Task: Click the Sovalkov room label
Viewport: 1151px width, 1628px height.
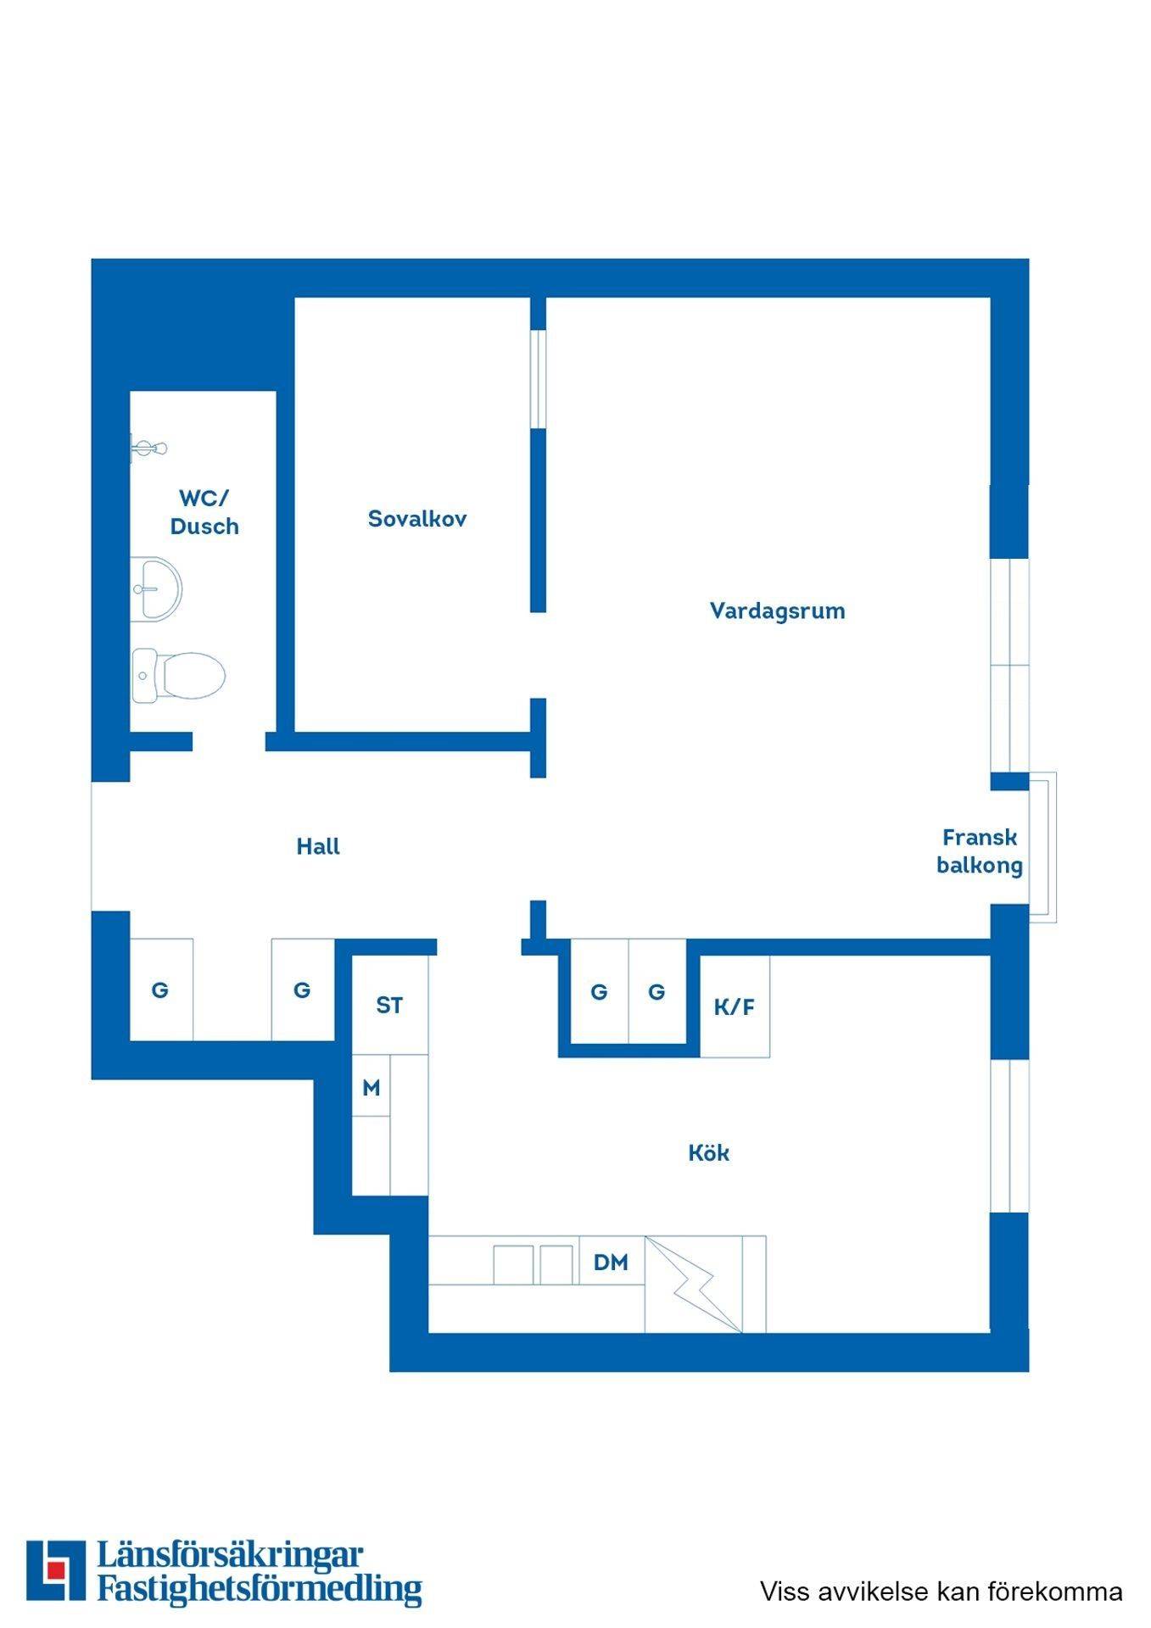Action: [417, 519]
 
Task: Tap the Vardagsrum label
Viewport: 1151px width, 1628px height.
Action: [777, 611]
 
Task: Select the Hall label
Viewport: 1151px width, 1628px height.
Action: [318, 846]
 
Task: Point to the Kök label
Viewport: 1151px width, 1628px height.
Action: [708, 1152]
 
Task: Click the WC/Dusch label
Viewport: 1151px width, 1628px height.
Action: [204, 512]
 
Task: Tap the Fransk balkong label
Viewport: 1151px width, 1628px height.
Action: [980, 851]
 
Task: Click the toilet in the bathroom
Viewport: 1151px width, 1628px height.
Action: [179, 676]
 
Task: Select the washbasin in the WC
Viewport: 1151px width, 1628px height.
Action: [157, 588]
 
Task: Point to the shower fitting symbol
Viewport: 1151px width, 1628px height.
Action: [148, 447]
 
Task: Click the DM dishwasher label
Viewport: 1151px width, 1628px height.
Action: [611, 1263]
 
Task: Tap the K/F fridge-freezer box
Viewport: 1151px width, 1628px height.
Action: [735, 1006]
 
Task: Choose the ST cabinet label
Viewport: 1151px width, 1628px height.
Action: [389, 1006]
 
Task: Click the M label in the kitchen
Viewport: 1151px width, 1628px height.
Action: [371, 1088]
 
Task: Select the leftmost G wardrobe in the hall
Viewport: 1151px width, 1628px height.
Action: [161, 990]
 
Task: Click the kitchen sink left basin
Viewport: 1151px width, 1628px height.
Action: [513, 1265]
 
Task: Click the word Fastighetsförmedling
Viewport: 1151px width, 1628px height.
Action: [260, 1589]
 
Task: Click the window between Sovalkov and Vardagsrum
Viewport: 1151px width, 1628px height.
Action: [538, 379]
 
